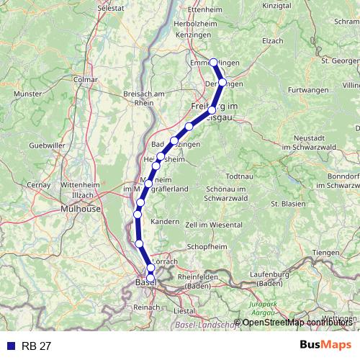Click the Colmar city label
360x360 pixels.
coord(85,79)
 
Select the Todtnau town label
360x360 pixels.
coord(239,176)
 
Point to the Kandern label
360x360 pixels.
coord(165,221)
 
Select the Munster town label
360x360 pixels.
coord(27,94)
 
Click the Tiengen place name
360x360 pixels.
coord(325,252)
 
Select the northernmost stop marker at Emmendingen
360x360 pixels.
coord(214,62)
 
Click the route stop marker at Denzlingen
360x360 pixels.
coord(222,82)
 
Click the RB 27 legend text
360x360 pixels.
coord(37,346)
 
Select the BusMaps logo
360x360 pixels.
coord(325,345)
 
